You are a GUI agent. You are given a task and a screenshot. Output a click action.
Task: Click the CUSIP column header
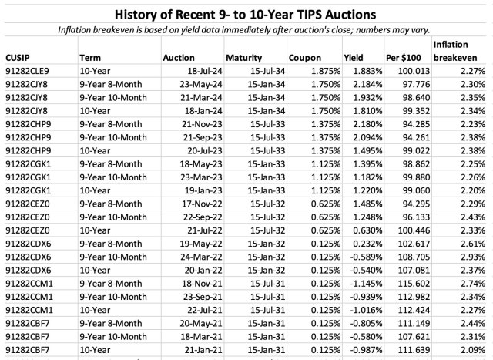click(x=18, y=58)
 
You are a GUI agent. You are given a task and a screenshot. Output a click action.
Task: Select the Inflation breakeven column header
click(x=454, y=52)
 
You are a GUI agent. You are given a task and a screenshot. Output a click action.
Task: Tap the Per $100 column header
click(x=402, y=58)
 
